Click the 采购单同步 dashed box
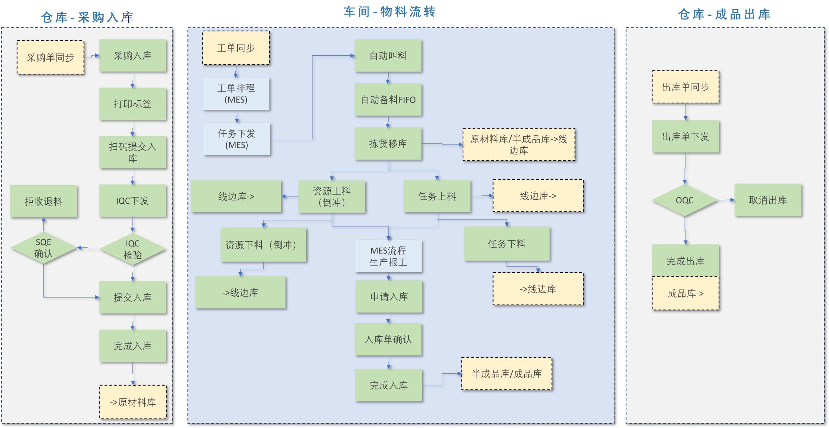pos(51,57)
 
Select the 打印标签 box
pos(132,104)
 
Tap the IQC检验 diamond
pos(132,249)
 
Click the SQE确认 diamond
pos(43,248)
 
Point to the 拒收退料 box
pos(43,201)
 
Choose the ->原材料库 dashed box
pos(133,402)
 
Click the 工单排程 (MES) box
pos(236,94)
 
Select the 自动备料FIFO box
pos(388,99)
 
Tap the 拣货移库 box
pos(388,143)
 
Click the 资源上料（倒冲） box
pos(332,196)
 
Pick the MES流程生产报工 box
pos(388,256)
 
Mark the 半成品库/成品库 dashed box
pos(506,374)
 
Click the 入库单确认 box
pos(388,339)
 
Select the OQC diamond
pos(685,200)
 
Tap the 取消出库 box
pos(768,200)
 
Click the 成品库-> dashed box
pos(685,293)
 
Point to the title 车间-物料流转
pos(390,12)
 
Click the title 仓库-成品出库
pos(724,15)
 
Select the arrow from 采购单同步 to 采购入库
pos(92,56)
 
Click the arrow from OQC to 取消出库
pos(726,200)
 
